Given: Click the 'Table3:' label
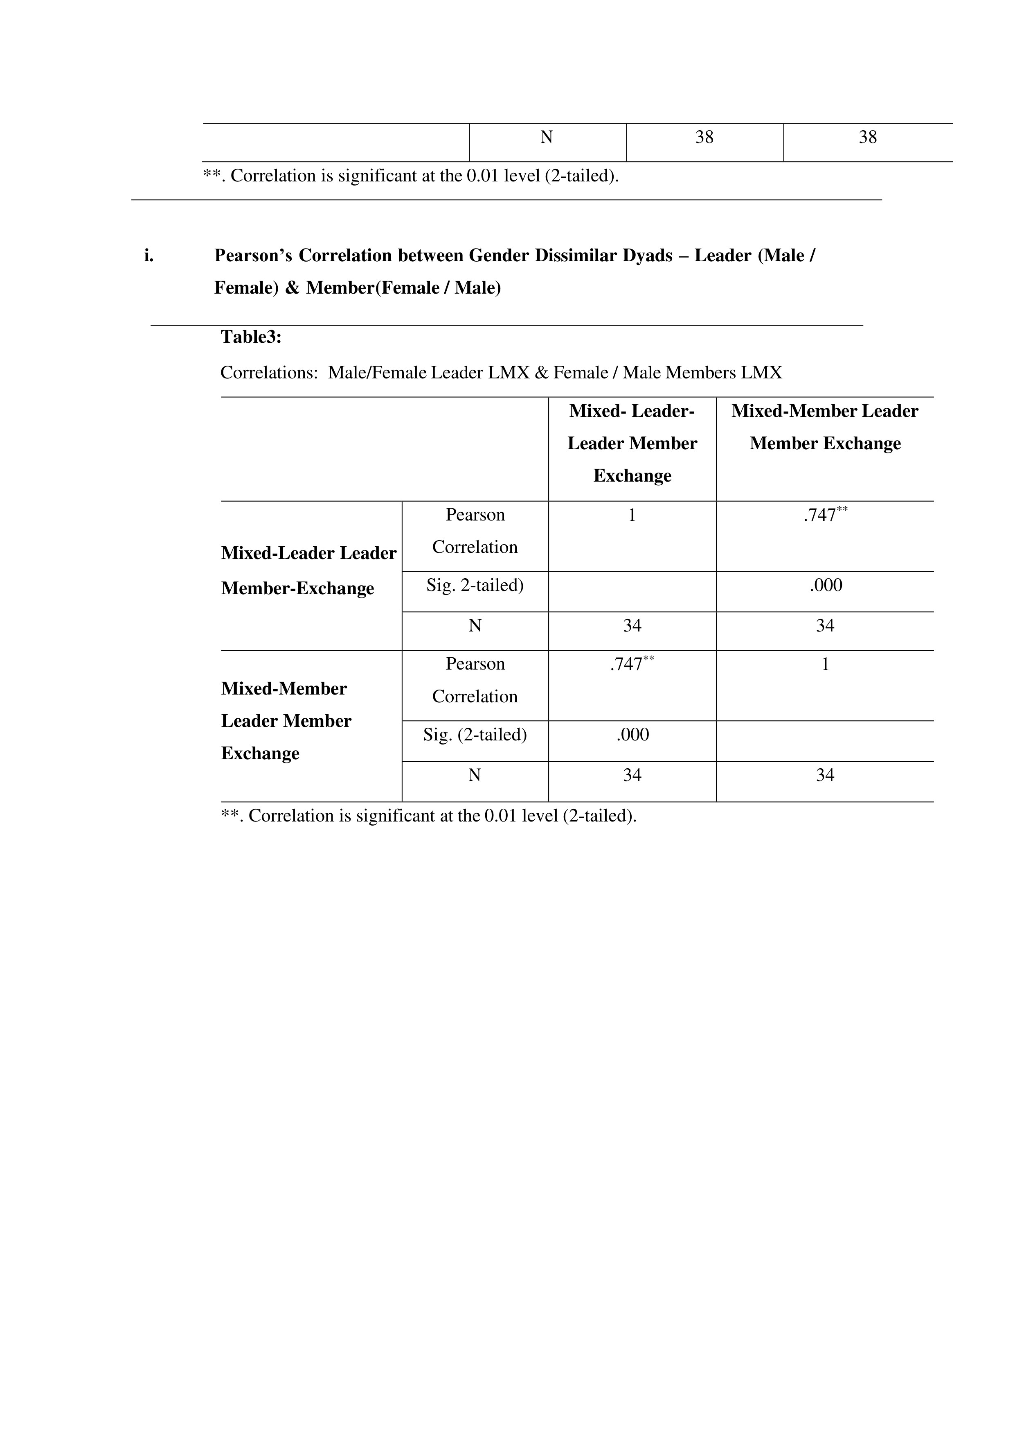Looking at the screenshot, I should click(251, 337).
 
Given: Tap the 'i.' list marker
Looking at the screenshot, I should click(149, 256).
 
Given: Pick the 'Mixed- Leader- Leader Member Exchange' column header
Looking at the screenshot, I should click(632, 443).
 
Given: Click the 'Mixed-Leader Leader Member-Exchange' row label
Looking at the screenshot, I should click(308, 570).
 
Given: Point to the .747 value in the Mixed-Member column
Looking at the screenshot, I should click(824, 515).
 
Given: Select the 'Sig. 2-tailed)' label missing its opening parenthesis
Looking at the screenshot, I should click(475, 585).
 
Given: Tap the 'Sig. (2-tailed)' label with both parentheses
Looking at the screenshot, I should click(475, 735).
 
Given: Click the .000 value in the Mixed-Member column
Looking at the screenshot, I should click(825, 585).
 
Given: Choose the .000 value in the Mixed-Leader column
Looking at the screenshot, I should click(632, 735).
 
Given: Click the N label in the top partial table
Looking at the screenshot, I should click(546, 137).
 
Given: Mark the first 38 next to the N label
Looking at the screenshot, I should click(704, 137).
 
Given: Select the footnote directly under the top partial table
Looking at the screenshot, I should click(410, 176).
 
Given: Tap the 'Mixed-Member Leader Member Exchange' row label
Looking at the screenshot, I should click(286, 721).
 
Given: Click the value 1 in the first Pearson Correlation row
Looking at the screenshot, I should click(632, 515).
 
